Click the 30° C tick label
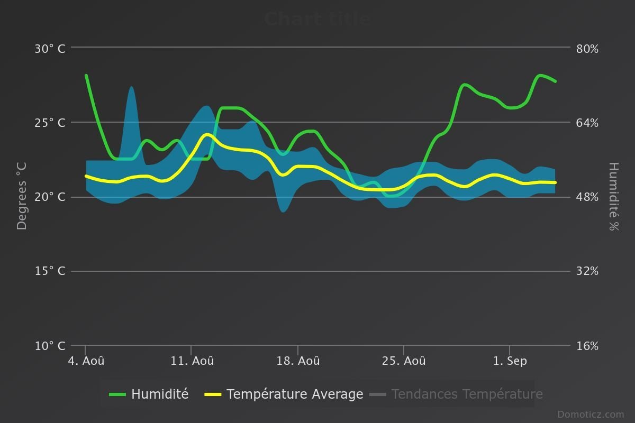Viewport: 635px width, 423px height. (50, 49)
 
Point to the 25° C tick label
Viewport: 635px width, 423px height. (50, 123)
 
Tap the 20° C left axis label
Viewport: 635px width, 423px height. (50, 197)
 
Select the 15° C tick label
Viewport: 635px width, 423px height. (50, 271)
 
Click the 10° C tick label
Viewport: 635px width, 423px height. (50, 346)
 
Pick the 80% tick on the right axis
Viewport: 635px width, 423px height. (587, 49)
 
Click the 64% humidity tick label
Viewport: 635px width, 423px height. (587, 123)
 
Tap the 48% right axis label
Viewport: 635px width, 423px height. (587, 197)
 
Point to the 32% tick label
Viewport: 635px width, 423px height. (587, 271)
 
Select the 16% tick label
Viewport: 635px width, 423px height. (587, 346)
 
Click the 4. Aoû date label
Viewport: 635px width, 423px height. (86, 361)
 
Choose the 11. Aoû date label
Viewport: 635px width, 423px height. (192, 361)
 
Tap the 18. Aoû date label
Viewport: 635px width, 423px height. (298, 361)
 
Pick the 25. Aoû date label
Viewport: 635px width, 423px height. (404, 361)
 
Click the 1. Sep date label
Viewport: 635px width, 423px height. (510, 361)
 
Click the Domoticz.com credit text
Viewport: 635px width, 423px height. (591, 415)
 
